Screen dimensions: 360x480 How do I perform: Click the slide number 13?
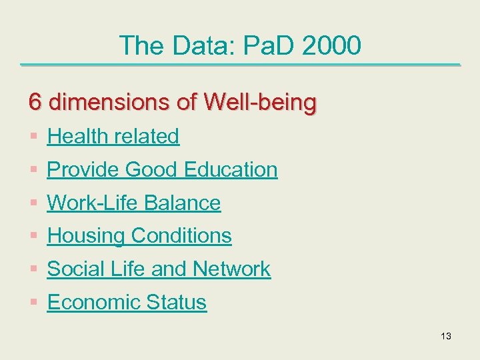tap(446, 336)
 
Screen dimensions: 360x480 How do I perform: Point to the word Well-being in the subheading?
tap(261, 103)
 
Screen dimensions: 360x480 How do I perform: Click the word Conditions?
tap(181, 236)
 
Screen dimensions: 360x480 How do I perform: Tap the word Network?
tap(231, 269)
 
